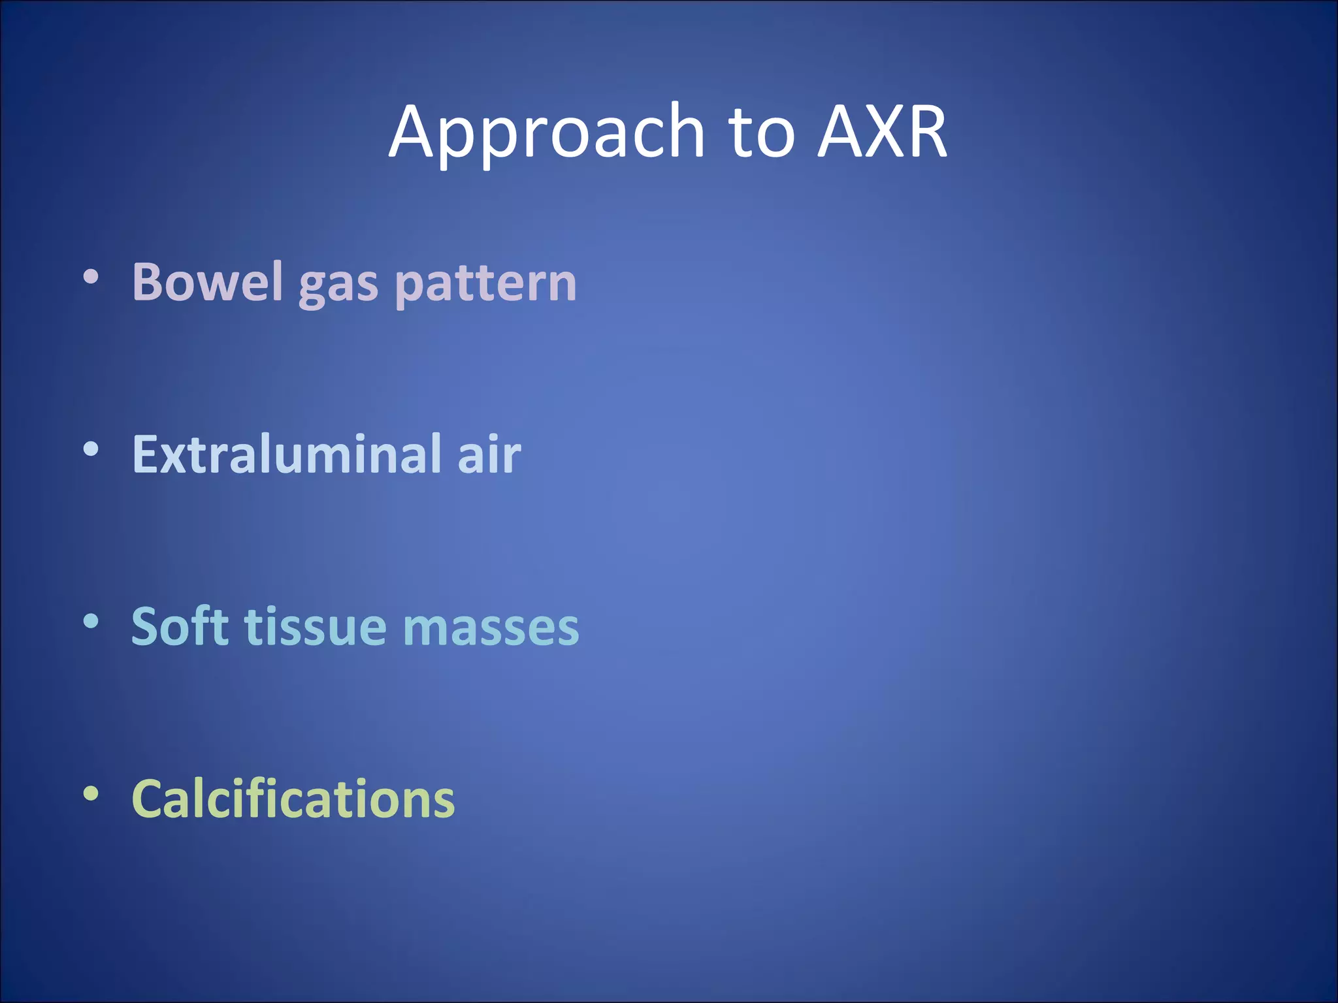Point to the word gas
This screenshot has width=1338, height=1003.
[338, 286]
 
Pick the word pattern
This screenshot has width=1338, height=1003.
[486, 285]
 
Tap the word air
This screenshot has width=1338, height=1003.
[489, 454]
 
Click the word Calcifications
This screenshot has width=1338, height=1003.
[293, 798]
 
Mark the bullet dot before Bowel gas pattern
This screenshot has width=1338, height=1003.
[91, 278]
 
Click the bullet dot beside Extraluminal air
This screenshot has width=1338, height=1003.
[91, 449]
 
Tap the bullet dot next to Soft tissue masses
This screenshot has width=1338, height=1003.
[91, 621]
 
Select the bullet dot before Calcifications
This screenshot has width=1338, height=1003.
[91, 793]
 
